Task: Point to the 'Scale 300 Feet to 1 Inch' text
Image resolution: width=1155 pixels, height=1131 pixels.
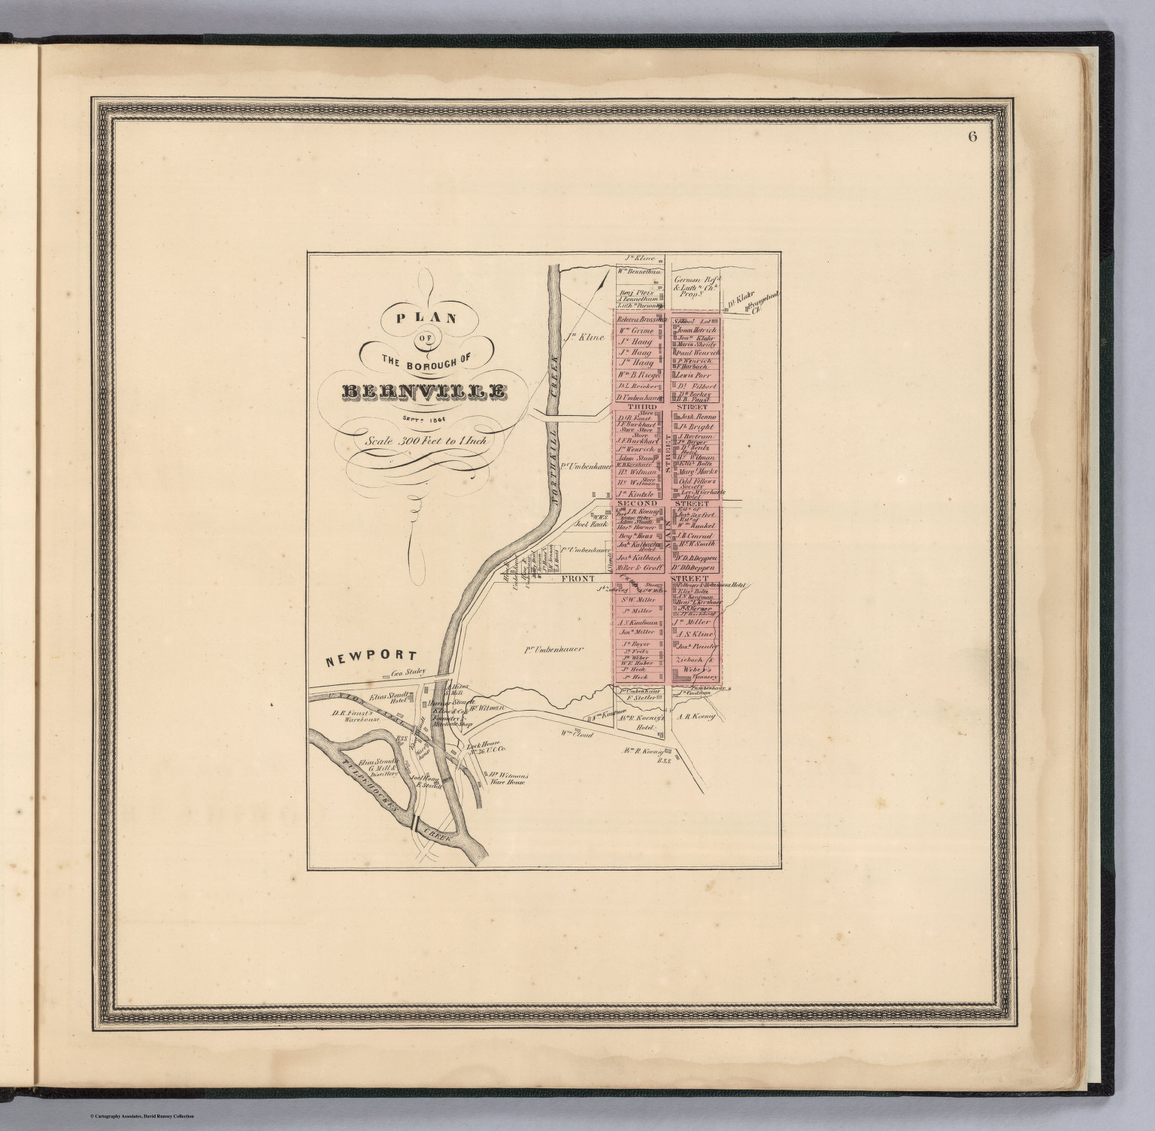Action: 426,441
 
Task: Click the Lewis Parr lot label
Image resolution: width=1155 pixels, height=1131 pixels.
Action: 693,374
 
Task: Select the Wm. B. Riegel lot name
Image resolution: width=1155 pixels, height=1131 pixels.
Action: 638,374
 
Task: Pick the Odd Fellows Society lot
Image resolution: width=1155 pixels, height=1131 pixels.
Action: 698,483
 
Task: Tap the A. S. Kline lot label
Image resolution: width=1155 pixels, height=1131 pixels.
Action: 695,634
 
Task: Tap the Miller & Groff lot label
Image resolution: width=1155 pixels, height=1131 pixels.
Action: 637,569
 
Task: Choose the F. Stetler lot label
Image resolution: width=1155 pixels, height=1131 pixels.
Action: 636,698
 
